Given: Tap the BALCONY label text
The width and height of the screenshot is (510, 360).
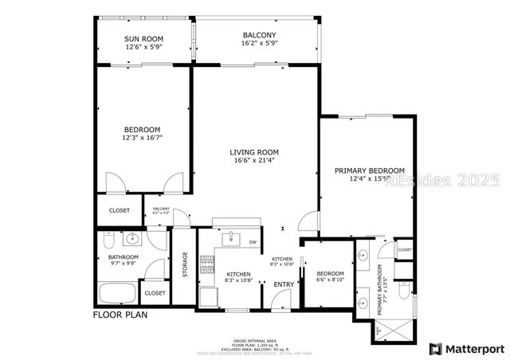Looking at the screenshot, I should (x=259, y=35).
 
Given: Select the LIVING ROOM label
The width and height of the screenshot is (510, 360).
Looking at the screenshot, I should (x=253, y=152).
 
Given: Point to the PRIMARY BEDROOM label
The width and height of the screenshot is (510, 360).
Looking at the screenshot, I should (x=369, y=170).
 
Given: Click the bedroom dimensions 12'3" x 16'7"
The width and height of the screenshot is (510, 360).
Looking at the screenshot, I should (x=142, y=139).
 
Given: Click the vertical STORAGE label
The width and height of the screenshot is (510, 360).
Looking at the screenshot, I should (x=185, y=265).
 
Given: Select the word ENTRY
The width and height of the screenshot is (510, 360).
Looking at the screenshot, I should (x=284, y=284).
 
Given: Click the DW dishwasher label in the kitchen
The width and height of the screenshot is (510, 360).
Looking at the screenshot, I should (x=253, y=242).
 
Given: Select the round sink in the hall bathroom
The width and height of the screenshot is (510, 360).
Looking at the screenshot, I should (x=133, y=238).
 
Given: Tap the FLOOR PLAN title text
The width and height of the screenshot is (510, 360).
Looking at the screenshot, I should (x=120, y=315).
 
